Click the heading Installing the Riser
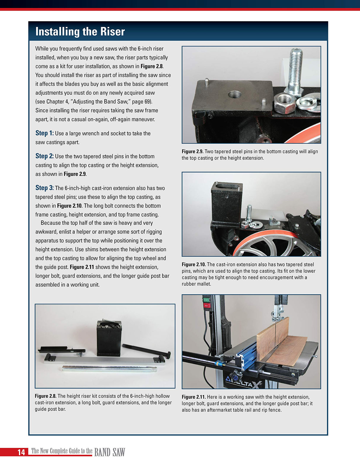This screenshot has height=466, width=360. point(80,32)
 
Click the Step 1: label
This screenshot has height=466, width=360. point(44,133)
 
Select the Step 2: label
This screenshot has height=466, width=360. point(44,156)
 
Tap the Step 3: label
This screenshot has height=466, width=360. point(44,188)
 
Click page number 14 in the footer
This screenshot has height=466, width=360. point(21,452)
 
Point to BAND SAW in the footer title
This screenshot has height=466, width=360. point(109,452)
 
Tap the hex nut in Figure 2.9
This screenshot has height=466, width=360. point(284,103)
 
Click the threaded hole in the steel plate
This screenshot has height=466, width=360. point(235,95)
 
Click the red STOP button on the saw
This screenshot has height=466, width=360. point(206,305)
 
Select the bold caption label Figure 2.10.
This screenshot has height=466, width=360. point(194,264)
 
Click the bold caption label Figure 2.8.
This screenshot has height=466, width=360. point(45,396)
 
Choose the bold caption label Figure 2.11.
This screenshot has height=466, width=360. point(193,397)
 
